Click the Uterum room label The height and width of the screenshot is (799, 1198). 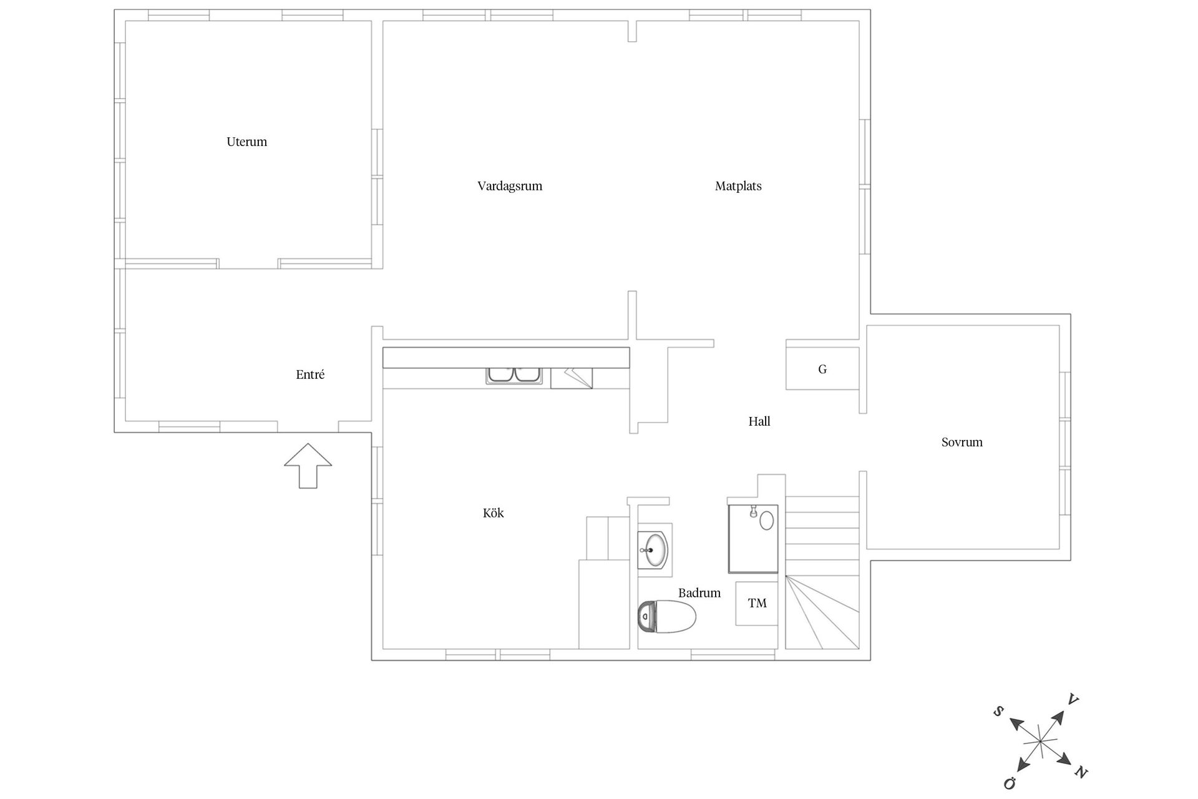click(x=246, y=142)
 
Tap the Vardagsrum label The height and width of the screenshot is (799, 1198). click(x=510, y=186)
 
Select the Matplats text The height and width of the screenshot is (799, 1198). click(x=738, y=186)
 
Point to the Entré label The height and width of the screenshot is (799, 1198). click(x=310, y=375)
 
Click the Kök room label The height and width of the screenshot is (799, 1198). click(x=493, y=513)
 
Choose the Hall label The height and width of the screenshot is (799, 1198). click(x=759, y=421)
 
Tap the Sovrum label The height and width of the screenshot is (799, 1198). click(x=962, y=443)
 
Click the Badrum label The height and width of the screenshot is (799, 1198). click(x=699, y=593)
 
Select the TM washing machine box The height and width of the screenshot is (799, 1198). click(x=757, y=604)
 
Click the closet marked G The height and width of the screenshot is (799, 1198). click(x=822, y=369)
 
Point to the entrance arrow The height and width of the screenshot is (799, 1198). click(x=308, y=466)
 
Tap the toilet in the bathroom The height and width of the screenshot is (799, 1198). click(x=666, y=617)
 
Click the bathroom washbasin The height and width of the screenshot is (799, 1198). click(x=653, y=550)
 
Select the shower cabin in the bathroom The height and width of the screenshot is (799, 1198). click(x=753, y=539)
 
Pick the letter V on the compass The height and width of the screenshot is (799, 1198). click(x=1073, y=700)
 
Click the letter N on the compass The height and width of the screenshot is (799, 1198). click(x=1081, y=773)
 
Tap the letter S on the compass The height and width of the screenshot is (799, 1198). click(x=998, y=711)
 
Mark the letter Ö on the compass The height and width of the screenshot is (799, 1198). click(x=1010, y=783)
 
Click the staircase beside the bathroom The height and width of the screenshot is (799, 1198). click(x=822, y=573)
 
